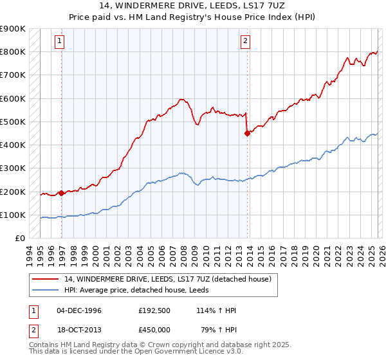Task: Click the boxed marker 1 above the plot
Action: coord(59,42)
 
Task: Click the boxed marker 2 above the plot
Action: coord(245,42)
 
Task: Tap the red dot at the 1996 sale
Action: coord(61,192)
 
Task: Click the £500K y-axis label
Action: coord(12,122)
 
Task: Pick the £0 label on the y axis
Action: coord(20,238)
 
